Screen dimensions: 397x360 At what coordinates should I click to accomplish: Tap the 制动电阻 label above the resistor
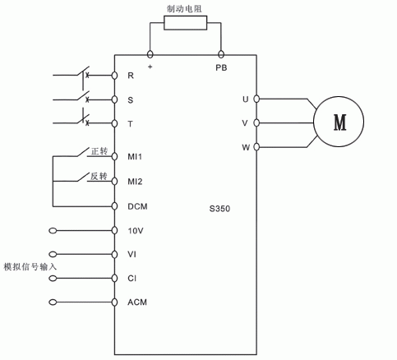[184, 9]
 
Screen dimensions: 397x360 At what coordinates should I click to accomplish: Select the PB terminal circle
[221, 54]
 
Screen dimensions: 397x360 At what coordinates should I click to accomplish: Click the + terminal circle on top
[150, 54]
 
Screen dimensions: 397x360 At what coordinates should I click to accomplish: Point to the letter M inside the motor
[339, 122]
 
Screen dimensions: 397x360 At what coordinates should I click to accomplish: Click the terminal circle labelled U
[256, 99]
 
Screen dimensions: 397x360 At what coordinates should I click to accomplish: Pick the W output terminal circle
[256, 147]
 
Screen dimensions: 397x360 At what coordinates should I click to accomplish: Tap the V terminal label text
[245, 123]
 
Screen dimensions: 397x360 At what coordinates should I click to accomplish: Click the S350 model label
[219, 209]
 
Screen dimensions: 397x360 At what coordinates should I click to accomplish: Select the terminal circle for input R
[114, 76]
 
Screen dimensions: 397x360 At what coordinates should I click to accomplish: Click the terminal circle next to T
[114, 123]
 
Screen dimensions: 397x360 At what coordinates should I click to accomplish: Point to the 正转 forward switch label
[99, 151]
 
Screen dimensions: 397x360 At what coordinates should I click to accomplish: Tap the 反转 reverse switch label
[99, 176]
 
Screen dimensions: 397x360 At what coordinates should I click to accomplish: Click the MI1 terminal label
[135, 157]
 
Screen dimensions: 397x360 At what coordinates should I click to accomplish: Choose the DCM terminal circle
[114, 206]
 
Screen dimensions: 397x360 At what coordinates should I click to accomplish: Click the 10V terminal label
[136, 231]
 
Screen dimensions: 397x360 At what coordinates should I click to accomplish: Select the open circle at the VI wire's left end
[53, 254]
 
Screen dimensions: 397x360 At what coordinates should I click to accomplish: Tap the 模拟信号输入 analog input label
[30, 266]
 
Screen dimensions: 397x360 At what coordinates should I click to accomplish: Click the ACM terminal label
[137, 302]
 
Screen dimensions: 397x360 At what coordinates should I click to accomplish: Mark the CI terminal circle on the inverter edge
[114, 278]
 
